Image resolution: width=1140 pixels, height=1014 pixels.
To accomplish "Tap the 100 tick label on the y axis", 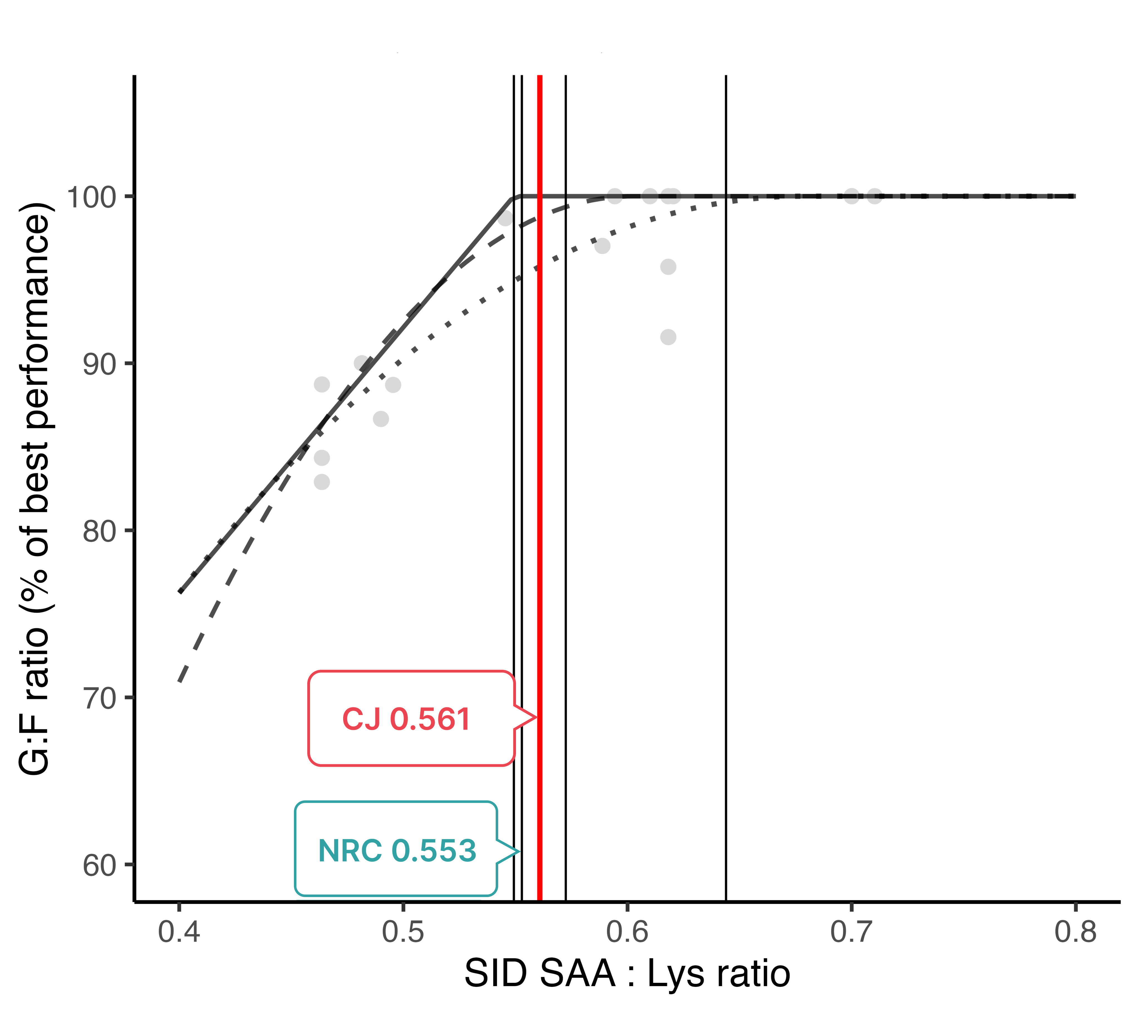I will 91,197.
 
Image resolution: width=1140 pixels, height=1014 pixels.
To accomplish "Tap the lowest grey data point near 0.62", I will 668,337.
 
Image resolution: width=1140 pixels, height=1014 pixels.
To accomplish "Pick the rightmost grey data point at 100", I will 874,196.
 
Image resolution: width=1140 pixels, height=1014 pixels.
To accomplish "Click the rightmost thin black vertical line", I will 726,502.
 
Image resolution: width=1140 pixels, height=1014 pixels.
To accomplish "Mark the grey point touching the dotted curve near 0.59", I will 602,246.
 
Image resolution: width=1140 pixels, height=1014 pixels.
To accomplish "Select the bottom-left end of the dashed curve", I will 180,681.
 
